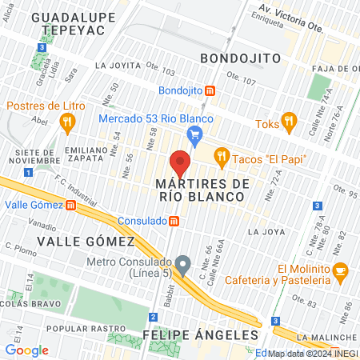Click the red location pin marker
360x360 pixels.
coord(181,163)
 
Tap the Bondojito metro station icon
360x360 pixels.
coord(210,90)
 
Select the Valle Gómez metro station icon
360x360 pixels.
coord(70,205)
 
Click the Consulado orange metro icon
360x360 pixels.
coord(174,221)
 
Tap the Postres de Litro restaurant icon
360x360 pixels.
coord(67,122)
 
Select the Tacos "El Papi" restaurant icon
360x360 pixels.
coord(222,156)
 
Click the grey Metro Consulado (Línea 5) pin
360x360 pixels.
coord(183,263)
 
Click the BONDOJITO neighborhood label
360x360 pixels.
coord(239,58)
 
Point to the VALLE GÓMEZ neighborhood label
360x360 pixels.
coord(87,241)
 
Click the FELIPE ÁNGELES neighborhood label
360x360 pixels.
coord(201,334)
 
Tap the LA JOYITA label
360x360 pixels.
coord(122,66)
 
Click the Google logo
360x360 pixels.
coord(26,350)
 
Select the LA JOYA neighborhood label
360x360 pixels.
coord(266,233)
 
